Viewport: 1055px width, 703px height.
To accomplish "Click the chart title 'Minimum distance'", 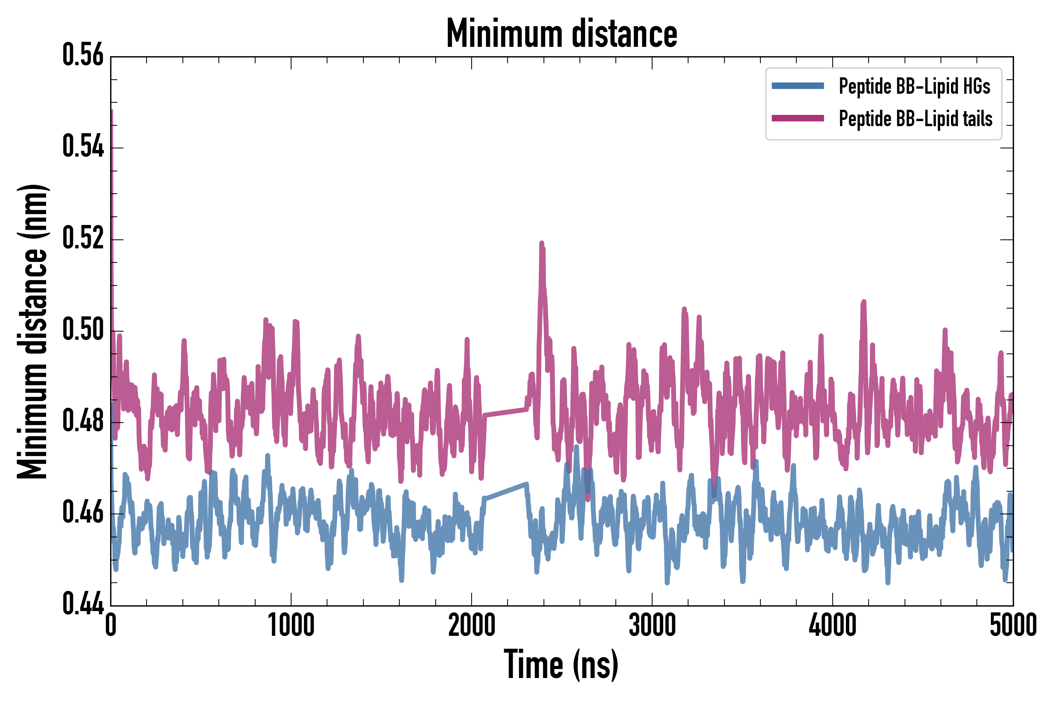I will pos(561,34).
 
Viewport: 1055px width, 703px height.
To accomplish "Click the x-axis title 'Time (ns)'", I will pos(561,665).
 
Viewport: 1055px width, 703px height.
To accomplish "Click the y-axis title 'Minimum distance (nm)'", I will pos(32,332).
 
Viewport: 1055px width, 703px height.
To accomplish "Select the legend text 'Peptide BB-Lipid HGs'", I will pos(914,86).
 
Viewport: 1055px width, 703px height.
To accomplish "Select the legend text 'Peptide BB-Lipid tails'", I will pos(916,119).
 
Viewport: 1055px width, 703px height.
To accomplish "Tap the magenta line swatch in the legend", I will pos(798,118).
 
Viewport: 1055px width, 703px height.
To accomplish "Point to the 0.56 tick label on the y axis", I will pos(83,55).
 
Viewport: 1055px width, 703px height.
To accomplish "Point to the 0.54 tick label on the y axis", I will pos(83,147).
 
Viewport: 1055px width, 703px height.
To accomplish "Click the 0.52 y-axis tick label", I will pos(83,239).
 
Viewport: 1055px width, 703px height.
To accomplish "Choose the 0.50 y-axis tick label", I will pos(83,330).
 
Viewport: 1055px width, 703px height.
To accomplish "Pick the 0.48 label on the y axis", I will pos(83,421).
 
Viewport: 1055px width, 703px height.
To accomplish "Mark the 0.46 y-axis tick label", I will pos(83,513).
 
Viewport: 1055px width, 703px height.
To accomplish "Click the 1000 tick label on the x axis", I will pos(291,625).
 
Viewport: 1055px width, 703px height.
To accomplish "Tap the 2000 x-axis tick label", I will pos(472,625).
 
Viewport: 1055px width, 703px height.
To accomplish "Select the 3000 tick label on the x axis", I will pos(652,625).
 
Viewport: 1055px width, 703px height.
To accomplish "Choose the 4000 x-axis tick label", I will pos(833,625).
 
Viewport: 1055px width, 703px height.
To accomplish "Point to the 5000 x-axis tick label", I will pos(1013,625).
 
